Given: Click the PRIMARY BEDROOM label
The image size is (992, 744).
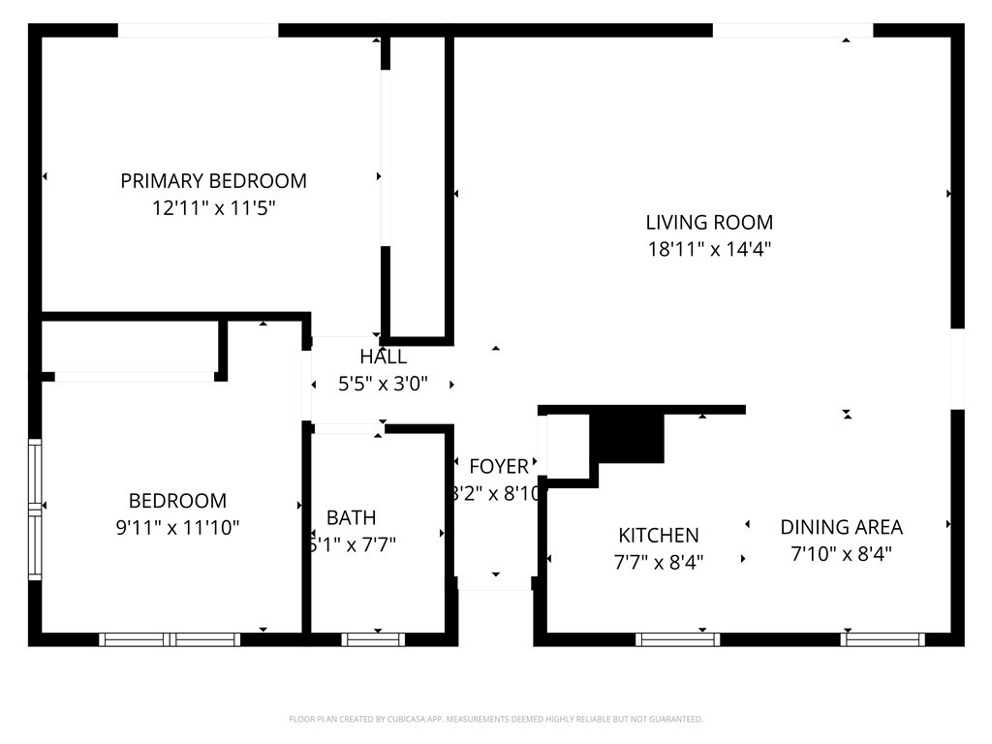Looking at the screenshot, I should pyautogui.click(x=213, y=180).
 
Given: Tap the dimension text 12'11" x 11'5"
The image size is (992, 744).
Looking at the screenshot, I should pyautogui.click(x=213, y=207).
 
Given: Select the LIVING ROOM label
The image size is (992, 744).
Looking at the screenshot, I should pyautogui.click(x=709, y=223).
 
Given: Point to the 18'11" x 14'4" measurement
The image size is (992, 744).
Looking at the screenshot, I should pyautogui.click(x=709, y=249).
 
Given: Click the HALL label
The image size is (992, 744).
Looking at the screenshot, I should pyautogui.click(x=383, y=356).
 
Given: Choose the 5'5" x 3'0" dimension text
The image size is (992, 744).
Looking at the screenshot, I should pyautogui.click(x=383, y=384).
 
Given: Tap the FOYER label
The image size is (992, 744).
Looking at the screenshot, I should pyautogui.click(x=499, y=467).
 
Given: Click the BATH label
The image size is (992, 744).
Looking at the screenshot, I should pyautogui.click(x=351, y=517).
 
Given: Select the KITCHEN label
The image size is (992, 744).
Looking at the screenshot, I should pyautogui.click(x=659, y=535).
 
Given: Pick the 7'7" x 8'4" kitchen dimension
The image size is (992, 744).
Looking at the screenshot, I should pyautogui.click(x=659, y=561).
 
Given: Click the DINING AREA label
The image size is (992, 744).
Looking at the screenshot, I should pyautogui.click(x=841, y=527).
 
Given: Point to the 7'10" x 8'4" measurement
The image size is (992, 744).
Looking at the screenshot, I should pyautogui.click(x=841, y=554).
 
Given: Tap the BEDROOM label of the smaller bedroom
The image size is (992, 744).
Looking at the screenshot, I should pyautogui.click(x=177, y=501).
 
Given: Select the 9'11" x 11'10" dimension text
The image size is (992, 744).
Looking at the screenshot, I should pyautogui.click(x=177, y=528).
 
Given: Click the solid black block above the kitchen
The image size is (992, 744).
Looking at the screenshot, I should pyautogui.click(x=628, y=438).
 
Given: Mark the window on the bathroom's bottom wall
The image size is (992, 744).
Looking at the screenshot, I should pyautogui.click(x=373, y=639).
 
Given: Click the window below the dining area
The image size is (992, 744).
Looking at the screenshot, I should pyautogui.click(x=883, y=639).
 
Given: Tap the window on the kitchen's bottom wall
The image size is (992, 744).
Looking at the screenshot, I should pyautogui.click(x=677, y=639).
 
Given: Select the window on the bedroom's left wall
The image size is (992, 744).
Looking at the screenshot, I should pyautogui.click(x=35, y=509).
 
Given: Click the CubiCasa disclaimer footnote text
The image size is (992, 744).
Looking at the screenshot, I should pyautogui.click(x=496, y=719).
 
